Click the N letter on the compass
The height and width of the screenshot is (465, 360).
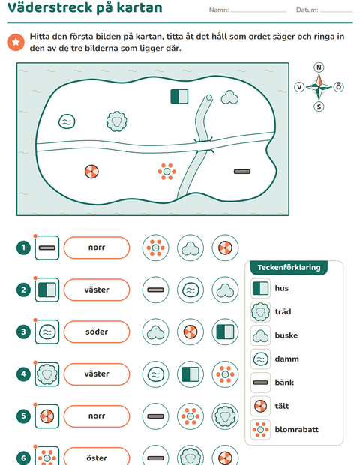click(x=319, y=67)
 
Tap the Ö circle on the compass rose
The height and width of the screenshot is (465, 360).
click(x=339, y=87)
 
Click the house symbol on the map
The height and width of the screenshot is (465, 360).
click(x=179, y=97)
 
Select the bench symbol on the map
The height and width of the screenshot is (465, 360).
click(x=242, y=172)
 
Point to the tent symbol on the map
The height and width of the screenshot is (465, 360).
click(x=91, y=172)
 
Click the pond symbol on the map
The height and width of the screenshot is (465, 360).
click(x=67, y=121)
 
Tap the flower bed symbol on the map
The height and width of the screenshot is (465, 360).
click(x=167, y=172)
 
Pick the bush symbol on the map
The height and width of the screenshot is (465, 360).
click(x=229, y=97)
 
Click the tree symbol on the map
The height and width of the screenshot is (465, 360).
click(x=117, y=121)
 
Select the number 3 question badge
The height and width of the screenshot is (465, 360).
click(x=23, y=331)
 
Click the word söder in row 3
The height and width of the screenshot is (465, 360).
click(x=97, y=331)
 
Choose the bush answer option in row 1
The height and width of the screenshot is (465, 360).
click(x=190, y=247)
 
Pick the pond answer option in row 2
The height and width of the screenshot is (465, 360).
click(x=190, y=289)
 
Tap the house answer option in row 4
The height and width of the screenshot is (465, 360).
click(x=190, y=374)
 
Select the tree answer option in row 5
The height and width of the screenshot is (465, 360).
click(x=225, y=416)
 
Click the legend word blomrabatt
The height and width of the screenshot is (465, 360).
click(x=297, y=430)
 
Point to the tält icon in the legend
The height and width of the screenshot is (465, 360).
click(x=261, y=406)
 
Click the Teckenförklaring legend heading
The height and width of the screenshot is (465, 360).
click(x=289, y=268)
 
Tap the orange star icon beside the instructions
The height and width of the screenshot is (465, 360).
click(x=16, y=42)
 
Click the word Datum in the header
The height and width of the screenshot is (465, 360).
click(x=307, y=10)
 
